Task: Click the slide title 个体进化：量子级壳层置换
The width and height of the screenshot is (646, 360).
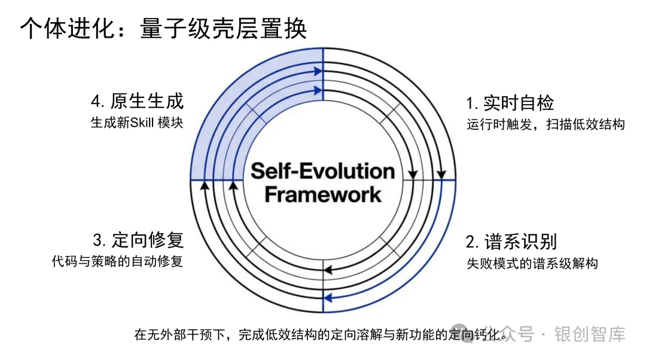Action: (x=163, y=28)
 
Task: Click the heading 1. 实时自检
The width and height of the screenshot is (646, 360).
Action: (x=510, y=103)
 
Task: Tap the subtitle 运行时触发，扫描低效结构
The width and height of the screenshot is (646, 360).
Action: (x=546, y=125)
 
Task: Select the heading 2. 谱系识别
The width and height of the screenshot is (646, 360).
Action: (x=511, y=242)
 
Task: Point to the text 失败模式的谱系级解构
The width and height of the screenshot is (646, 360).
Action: (x=532, y=263)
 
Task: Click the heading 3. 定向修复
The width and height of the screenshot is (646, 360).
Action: (x=138, y=240)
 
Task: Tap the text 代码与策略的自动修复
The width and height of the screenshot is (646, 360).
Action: (x=117, y=262)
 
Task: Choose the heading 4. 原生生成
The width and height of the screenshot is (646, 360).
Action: (x=137, y=101)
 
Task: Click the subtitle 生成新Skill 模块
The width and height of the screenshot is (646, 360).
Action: (x=137, y=123)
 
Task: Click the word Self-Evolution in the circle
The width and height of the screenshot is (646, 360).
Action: (x=323, y=171)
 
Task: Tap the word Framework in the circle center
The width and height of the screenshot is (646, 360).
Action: (x=323, y=194)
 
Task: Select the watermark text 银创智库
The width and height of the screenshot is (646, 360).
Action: (x=590, y=334)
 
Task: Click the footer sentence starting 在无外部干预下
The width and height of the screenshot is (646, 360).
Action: (x=323, y=334)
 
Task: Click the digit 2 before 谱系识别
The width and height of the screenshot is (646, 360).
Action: (x=471, y=242)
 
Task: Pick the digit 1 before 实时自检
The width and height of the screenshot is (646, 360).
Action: (x=470, y=103)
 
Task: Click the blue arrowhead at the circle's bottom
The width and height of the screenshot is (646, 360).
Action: (x=327, y=298)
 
